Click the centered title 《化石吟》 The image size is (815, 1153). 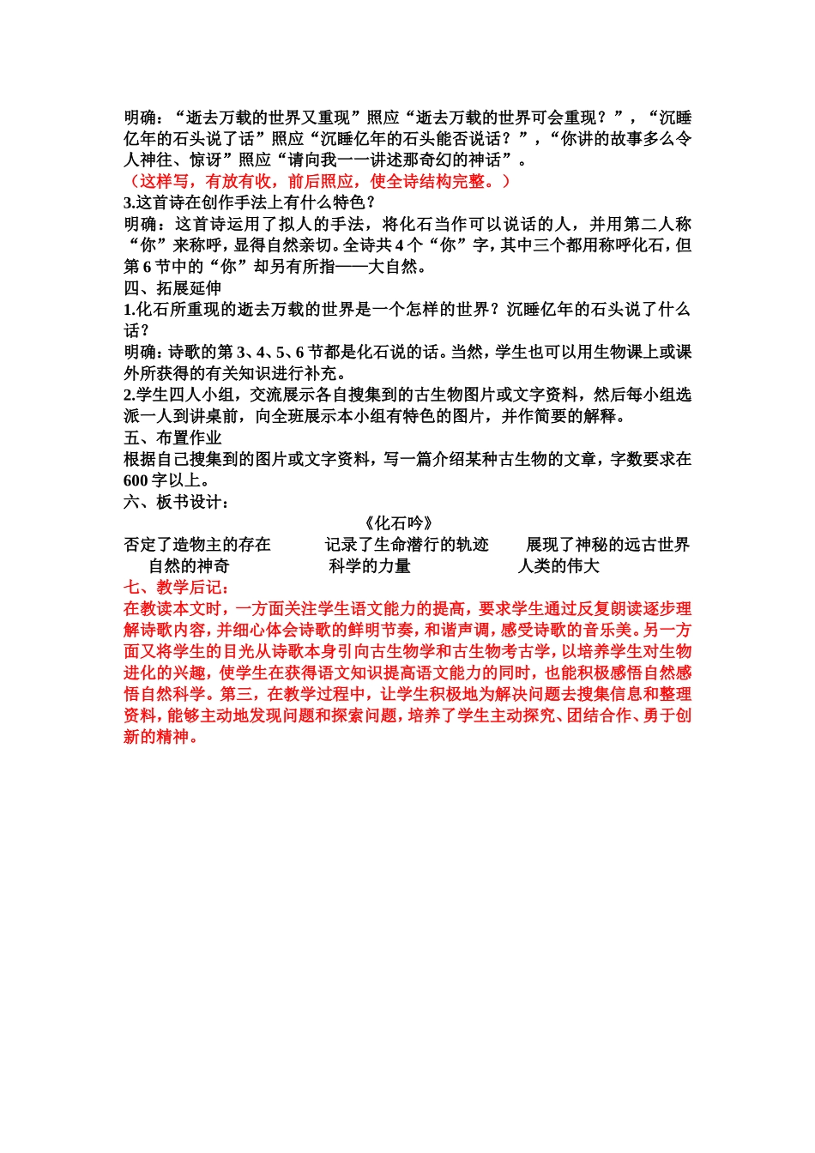click(398, 523)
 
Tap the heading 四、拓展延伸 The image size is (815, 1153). click(172, 288)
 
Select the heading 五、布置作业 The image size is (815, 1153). click(172, 438)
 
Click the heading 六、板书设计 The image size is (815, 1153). click(176, 503)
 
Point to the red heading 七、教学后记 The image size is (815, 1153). click(176, 588)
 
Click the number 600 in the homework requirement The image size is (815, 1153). click(136, 481)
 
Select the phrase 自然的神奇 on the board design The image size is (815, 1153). click(189, 566)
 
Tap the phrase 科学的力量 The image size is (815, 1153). click(370, 566)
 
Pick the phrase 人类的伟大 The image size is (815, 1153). click(558, 566)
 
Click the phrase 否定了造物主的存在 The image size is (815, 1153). click(197, 545)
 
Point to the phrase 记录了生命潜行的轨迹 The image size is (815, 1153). click(407, 545)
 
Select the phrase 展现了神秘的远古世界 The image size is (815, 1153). click(607, 545)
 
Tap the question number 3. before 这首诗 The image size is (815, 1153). click(130, 203)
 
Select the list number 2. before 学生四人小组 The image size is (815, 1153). click(130, 395)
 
